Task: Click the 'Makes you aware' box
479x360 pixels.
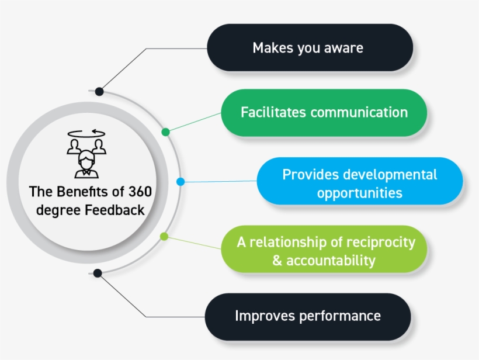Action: (x=310, y=48)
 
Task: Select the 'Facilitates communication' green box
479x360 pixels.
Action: (x=324, y=113)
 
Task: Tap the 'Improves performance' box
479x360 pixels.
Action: (x=308, y=317)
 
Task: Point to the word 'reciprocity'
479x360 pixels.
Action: (x=381, y=243)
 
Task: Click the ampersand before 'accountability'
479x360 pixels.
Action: (x=277, y=261)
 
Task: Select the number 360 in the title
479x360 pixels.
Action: (x=140, y=192)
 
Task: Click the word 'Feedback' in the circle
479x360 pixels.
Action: (x=114, y=210)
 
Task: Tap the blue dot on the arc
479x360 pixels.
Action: (x=181, y=182)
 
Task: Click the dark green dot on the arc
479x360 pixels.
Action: (x=165, y=132)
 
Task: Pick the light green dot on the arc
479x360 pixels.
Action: (x=164, y=236)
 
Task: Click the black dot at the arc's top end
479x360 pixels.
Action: (x=99, y=91)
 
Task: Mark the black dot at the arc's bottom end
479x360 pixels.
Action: (x=98, y=273)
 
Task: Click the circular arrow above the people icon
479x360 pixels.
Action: (x=86, y=133)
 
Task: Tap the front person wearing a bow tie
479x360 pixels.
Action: (x=87, y=164)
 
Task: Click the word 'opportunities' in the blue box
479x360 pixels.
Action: (x=360, y=193)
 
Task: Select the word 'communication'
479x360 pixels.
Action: (x=359, y=112)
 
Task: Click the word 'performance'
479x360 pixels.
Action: (x=340, y=317)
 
